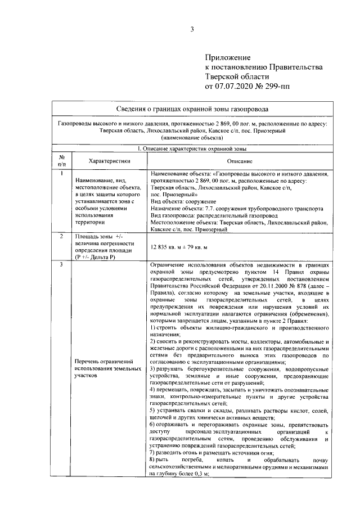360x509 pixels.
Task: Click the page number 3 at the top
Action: point(191,30)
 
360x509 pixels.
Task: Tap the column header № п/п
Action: point(63,160)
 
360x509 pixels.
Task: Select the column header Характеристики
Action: point(109,160)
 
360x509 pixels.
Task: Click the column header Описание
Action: point(240,160)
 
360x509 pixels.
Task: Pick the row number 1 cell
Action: point(63,173)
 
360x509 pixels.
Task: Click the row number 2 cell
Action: point(63,236)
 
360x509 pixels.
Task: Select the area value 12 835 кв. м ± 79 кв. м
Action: point(179,247)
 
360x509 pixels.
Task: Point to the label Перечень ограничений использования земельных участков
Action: point(107,368)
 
